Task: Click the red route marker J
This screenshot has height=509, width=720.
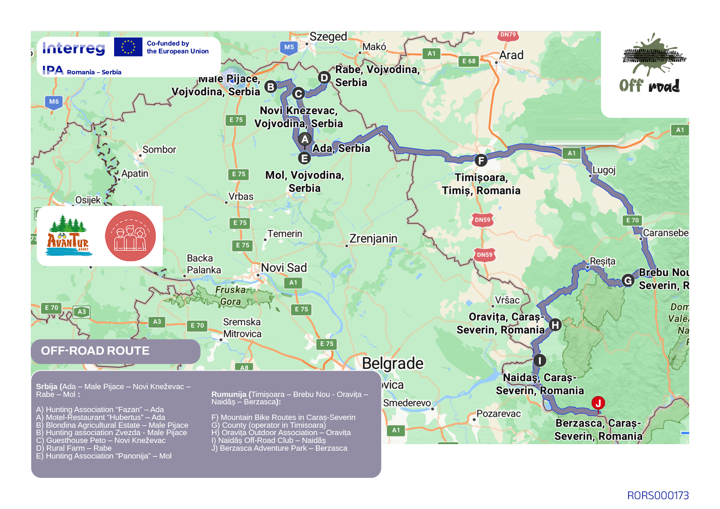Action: click(598, 403)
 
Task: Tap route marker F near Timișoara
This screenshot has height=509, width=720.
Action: click(481, 160)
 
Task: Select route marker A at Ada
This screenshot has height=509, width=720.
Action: click(305, 140)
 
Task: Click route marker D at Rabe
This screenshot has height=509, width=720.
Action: click(324, 77)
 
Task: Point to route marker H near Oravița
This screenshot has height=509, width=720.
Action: click(555, 325)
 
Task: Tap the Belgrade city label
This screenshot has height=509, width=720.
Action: click(392, 364)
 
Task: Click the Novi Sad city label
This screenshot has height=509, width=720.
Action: click(284, 268)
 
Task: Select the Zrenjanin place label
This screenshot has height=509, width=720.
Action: click(373, 238)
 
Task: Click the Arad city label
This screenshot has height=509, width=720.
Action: click(511, 55)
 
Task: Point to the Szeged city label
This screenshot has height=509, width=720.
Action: click(328, 37)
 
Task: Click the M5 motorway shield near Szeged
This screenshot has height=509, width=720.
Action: click(289, 47)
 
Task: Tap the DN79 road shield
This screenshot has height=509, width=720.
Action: click(508, 35)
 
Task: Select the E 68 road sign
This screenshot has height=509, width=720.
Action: click(468, 61)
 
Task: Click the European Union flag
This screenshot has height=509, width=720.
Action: click(128, 47)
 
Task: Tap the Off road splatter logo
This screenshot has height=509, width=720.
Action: click(651, 64)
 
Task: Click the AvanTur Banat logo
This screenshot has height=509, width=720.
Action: click(68, 236)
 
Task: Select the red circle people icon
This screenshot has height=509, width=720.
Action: click(131, 236)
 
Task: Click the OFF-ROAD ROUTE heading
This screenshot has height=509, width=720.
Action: click(95, 351)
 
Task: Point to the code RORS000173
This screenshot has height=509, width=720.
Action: click(658, 495)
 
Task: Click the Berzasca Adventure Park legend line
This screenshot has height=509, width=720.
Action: click(279, 448)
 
